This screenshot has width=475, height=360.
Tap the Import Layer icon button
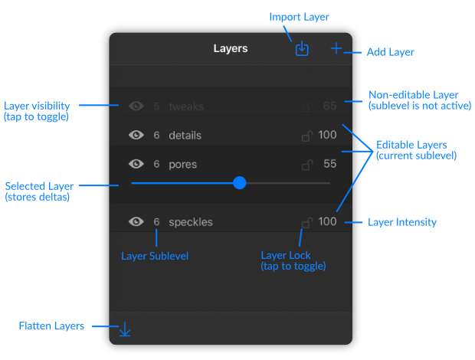302,49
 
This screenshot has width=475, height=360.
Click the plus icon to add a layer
336,48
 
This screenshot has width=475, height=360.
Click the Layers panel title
231,48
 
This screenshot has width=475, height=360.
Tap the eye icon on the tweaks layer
136,106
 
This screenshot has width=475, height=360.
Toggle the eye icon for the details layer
136,135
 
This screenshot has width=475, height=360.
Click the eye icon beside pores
136,164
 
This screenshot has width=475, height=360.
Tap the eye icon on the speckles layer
136,221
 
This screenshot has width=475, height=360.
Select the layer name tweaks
186,106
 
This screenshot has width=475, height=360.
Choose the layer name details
185,135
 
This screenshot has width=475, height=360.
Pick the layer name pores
182,165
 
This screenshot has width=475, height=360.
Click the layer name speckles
191,222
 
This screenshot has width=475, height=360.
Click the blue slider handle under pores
240,183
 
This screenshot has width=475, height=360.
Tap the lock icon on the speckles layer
307,223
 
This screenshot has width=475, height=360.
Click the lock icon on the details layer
307,136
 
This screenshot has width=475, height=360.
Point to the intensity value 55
330,164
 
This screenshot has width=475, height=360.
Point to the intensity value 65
330,106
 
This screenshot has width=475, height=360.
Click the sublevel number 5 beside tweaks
156,106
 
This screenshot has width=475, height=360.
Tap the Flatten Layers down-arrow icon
125,329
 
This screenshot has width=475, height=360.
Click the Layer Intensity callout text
402,222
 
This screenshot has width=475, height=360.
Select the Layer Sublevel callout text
155,256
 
